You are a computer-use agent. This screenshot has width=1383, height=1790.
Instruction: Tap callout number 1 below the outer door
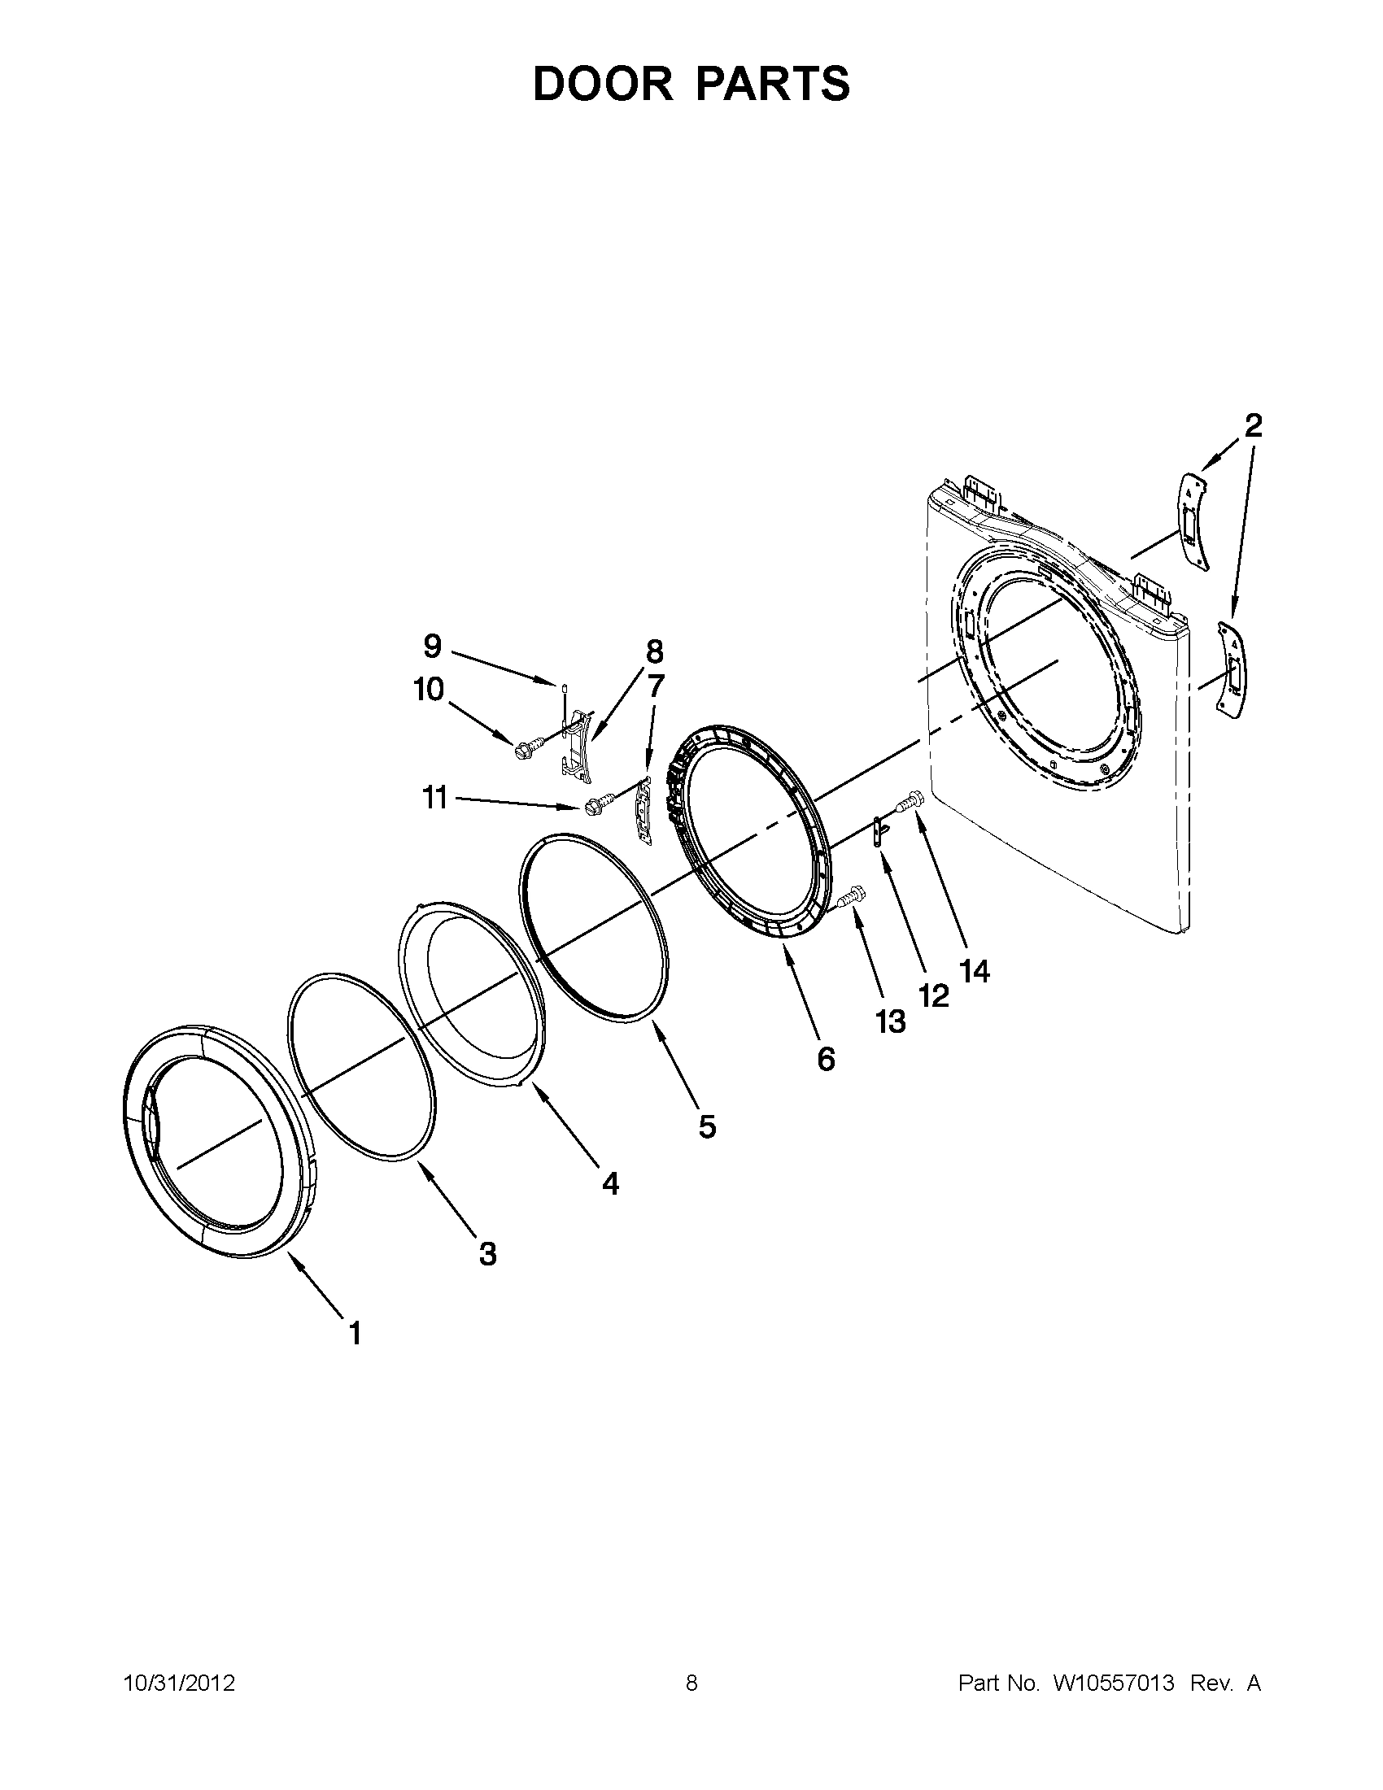354,1334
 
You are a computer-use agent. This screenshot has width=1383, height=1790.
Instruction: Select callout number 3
488,1253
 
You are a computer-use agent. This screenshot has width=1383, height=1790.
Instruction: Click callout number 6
826,1060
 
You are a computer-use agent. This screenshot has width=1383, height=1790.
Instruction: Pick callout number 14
975,971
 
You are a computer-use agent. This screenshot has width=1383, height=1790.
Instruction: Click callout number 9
432,647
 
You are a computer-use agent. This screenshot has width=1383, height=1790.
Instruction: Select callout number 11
434,797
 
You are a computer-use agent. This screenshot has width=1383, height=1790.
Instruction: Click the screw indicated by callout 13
853,894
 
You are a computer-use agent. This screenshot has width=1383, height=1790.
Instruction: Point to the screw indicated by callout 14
912,795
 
